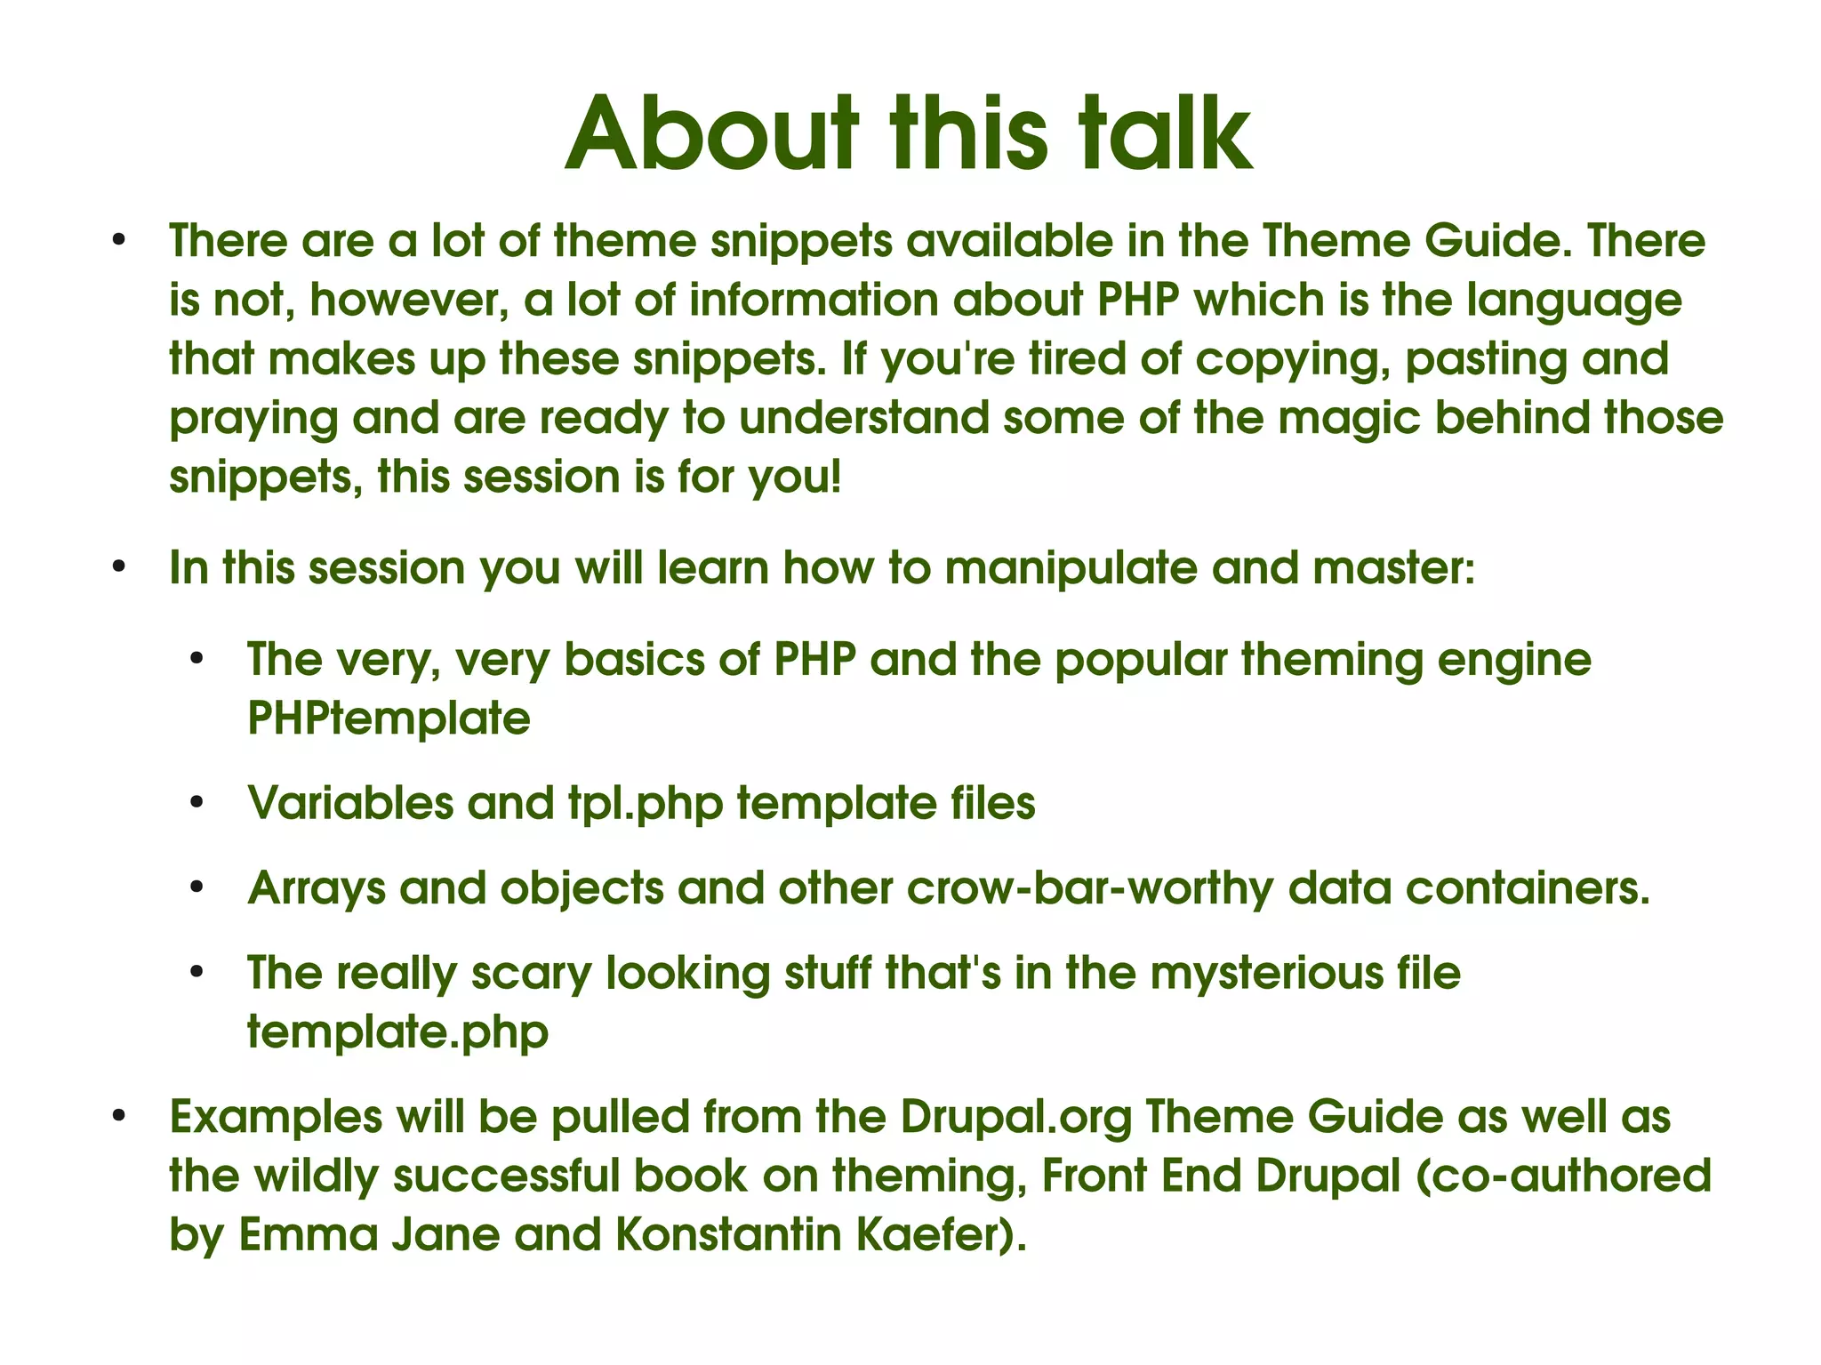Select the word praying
[x=253, y=420]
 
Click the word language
[x=1574, y=301]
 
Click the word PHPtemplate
[x=389, y=718]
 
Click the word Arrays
[x=317, y=888]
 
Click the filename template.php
[x=397, y=1032]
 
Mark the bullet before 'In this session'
[x=118, y=567]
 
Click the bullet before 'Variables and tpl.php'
[x=197, y=804]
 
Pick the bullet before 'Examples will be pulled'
[x=118, y=1117]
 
